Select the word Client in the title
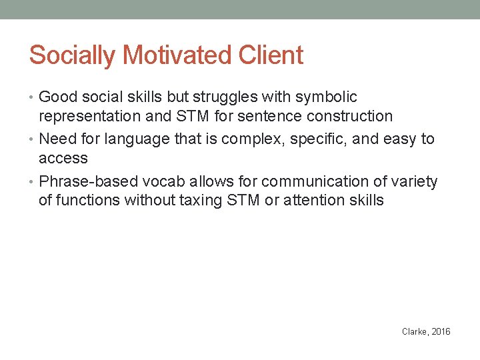(x=272, y=55)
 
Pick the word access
(x=63, y=159)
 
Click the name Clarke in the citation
(x=415, y=331)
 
